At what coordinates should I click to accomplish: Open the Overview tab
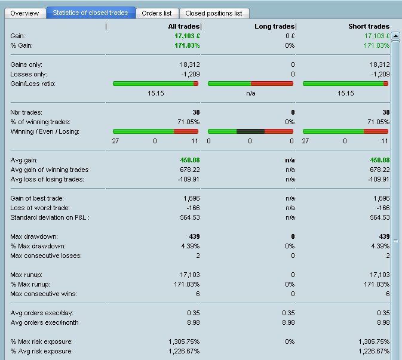(24, 13)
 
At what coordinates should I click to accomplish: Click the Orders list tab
(156, 13)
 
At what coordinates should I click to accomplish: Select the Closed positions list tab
(213, 13)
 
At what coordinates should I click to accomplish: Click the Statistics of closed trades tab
(90, 13)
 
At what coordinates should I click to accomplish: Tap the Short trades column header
(369, 26)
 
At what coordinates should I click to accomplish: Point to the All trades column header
(184, 26)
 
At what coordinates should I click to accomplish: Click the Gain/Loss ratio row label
(33, 84)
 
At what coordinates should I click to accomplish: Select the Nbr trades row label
(27, 112)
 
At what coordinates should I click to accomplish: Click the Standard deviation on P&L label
(50, 217)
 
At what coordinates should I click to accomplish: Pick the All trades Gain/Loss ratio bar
(155, 84)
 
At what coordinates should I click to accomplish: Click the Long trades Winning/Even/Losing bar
(250, 131)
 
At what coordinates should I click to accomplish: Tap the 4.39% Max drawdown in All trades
(188, 246)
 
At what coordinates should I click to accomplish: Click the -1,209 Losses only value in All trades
(188, 74)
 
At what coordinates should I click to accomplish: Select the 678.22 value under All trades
(188, 170)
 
